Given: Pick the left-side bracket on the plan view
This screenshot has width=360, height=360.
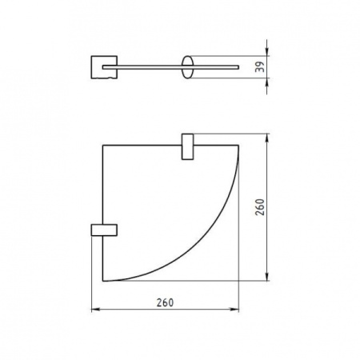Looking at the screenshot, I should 104,230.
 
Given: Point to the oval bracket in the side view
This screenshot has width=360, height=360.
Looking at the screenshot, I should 187,67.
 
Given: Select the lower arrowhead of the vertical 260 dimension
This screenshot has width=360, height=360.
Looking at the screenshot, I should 266,280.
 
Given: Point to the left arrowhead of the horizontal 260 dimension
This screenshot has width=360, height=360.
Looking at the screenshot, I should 97,310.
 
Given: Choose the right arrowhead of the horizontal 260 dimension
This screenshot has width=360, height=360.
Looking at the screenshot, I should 236,310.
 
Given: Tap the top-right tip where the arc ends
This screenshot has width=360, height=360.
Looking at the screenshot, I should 239,145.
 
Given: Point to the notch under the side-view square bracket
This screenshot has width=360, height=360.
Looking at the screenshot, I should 101,78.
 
